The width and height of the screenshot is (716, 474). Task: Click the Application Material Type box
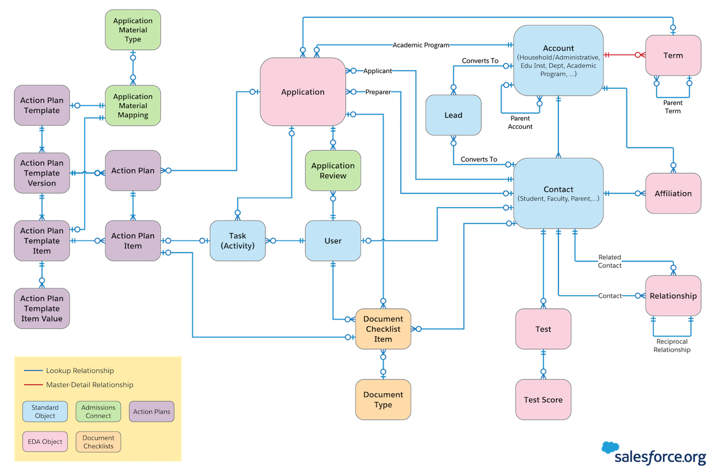point(133,30)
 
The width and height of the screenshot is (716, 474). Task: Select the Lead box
point(453,115)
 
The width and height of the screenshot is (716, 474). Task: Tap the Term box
point(673,55)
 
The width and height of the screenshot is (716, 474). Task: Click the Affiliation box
point(673,193)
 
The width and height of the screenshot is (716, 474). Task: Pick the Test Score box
point(543,400)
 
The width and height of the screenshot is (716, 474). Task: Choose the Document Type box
point(383,400)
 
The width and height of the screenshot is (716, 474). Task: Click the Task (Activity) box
point(237,241)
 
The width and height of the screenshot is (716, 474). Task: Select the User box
point(333,241)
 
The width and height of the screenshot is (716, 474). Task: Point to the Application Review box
point(333,171)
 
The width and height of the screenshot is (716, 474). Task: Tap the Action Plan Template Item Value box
point(42,308)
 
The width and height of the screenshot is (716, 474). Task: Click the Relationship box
point(673,296)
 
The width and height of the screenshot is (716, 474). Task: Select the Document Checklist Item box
point(383,329)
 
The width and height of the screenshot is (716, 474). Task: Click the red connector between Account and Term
point(621,55)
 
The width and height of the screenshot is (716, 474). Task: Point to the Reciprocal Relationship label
point(672,346)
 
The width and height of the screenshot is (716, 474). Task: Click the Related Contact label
point(610,261)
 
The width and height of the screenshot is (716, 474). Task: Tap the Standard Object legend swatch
point(45,412)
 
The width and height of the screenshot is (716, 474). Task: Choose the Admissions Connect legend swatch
point(98,412)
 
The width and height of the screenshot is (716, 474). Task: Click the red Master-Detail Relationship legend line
point(33,385)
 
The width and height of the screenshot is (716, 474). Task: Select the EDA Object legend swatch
point(45,442)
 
